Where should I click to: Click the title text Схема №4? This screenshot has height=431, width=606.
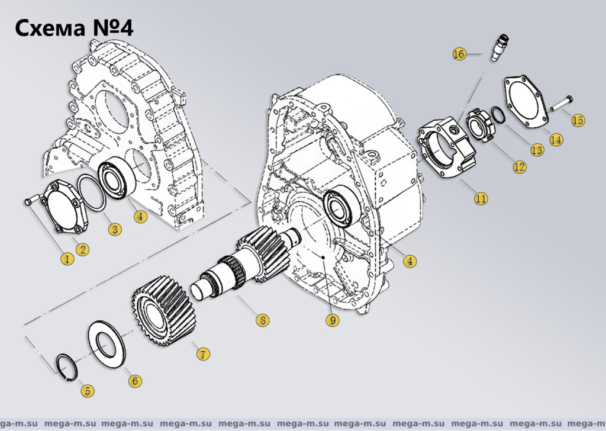74,28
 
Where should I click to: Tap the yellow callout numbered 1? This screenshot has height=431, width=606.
67,259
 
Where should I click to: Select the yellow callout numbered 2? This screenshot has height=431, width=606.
83,249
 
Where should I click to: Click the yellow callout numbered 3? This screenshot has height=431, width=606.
115,229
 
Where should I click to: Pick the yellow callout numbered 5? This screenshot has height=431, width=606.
88,391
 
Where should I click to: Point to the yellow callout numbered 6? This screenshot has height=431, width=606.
135,381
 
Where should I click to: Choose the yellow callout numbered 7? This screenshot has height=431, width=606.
203,353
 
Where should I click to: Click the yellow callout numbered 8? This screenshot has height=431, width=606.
262,320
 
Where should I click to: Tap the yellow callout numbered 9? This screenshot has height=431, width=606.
333,320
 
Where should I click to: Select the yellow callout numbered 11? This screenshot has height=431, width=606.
481,199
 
